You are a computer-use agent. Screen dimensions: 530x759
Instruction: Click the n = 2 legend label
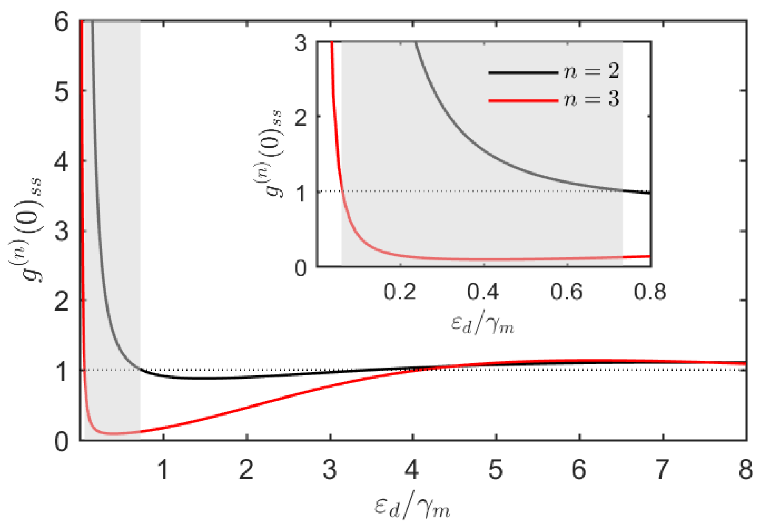point(591,71)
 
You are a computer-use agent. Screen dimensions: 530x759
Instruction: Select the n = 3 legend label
point(591,99)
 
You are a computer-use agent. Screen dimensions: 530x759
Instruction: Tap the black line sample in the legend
point(523,73)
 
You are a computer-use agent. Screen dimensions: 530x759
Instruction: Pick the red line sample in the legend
point(523,101)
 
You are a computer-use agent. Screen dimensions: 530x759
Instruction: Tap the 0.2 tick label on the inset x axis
point(400,292)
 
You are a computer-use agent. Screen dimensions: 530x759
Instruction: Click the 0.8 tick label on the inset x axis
point(650,292)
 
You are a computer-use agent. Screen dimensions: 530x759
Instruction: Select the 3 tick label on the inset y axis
point(301,43)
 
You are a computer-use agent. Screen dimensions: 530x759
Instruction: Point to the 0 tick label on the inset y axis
point(301,269)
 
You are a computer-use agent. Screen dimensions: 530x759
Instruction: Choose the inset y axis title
point(272,154)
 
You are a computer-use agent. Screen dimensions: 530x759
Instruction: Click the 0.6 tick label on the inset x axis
point(566,292)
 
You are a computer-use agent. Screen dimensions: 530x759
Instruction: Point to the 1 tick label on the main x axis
point(163,469)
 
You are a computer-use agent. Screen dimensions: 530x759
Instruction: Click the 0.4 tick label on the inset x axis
point(483,292)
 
